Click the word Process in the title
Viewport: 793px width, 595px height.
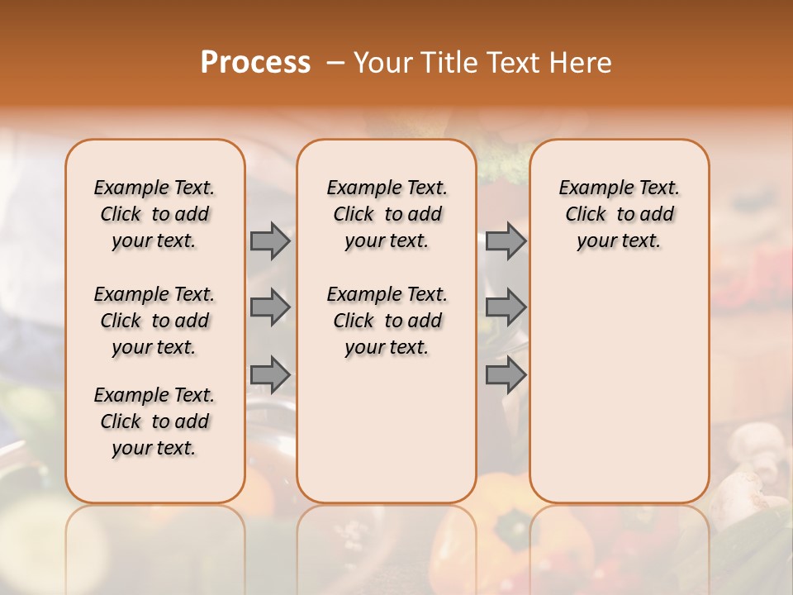[255, 63]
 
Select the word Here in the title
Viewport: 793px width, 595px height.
[582, 63]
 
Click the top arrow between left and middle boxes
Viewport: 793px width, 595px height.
[270, 240]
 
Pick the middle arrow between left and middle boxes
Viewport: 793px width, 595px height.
[270, 307]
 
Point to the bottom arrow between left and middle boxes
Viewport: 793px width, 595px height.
[270, 374]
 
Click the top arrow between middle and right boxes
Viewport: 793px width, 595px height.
[506, 240]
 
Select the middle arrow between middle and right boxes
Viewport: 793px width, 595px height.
[506, 307]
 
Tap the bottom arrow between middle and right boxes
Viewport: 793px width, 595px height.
[506, 374]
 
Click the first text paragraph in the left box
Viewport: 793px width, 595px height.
[154, 214]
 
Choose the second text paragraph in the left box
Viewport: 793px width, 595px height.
[154, 321]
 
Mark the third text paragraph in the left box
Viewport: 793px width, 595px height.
[154, 421]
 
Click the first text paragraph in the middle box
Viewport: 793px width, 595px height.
[387, 214]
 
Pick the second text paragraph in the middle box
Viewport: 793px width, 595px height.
[387, 321]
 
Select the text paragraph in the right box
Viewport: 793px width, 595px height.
[619, 214]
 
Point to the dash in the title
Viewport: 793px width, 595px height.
[335, 63]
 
